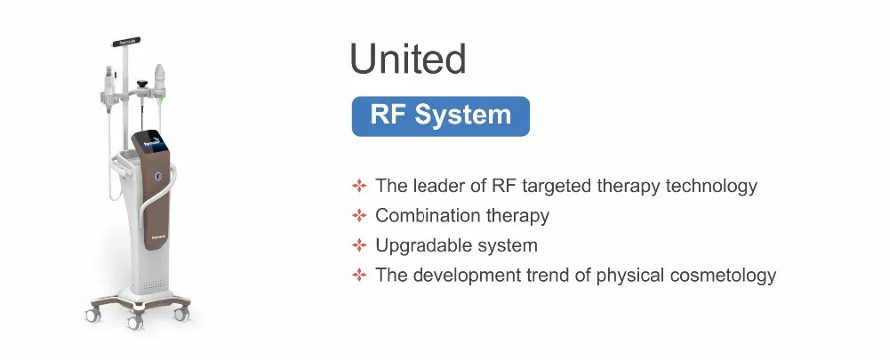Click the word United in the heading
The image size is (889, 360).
coord(407,60)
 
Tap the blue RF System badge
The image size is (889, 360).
coord(440,116)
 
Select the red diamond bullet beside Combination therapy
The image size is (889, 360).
coord(359,216)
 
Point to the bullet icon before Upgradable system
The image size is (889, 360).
coord(359,245)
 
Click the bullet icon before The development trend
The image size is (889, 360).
coord(359,275)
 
